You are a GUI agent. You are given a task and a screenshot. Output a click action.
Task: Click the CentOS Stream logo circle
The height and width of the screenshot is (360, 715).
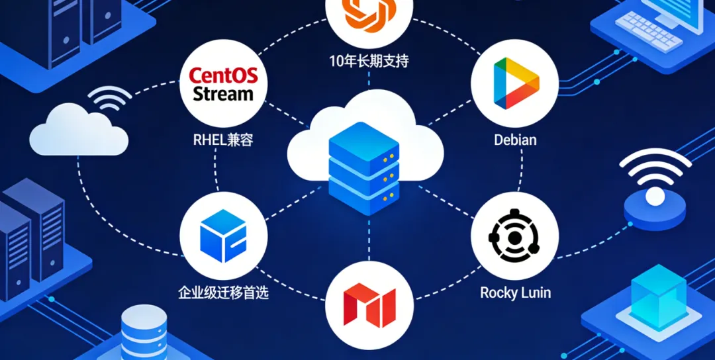pos(223,84)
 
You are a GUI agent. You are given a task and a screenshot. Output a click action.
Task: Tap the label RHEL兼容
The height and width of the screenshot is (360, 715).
pos(223,140)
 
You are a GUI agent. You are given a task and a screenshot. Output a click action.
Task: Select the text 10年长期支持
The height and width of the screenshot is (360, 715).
pos(369,62)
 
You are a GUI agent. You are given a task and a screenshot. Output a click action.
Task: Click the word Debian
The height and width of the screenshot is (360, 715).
pos(515,140)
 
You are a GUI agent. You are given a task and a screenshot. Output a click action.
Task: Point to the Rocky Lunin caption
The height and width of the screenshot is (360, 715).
pos(515,292)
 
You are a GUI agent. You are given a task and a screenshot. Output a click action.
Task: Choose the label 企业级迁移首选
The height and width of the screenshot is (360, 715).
pos(224,292)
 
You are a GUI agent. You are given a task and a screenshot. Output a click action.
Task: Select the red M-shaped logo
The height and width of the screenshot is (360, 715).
pos(369,304)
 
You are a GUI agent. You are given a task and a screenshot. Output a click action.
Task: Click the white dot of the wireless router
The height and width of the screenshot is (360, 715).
pos(655,196)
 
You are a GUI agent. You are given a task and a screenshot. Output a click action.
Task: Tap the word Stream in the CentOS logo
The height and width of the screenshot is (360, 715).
pos(223,93)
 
